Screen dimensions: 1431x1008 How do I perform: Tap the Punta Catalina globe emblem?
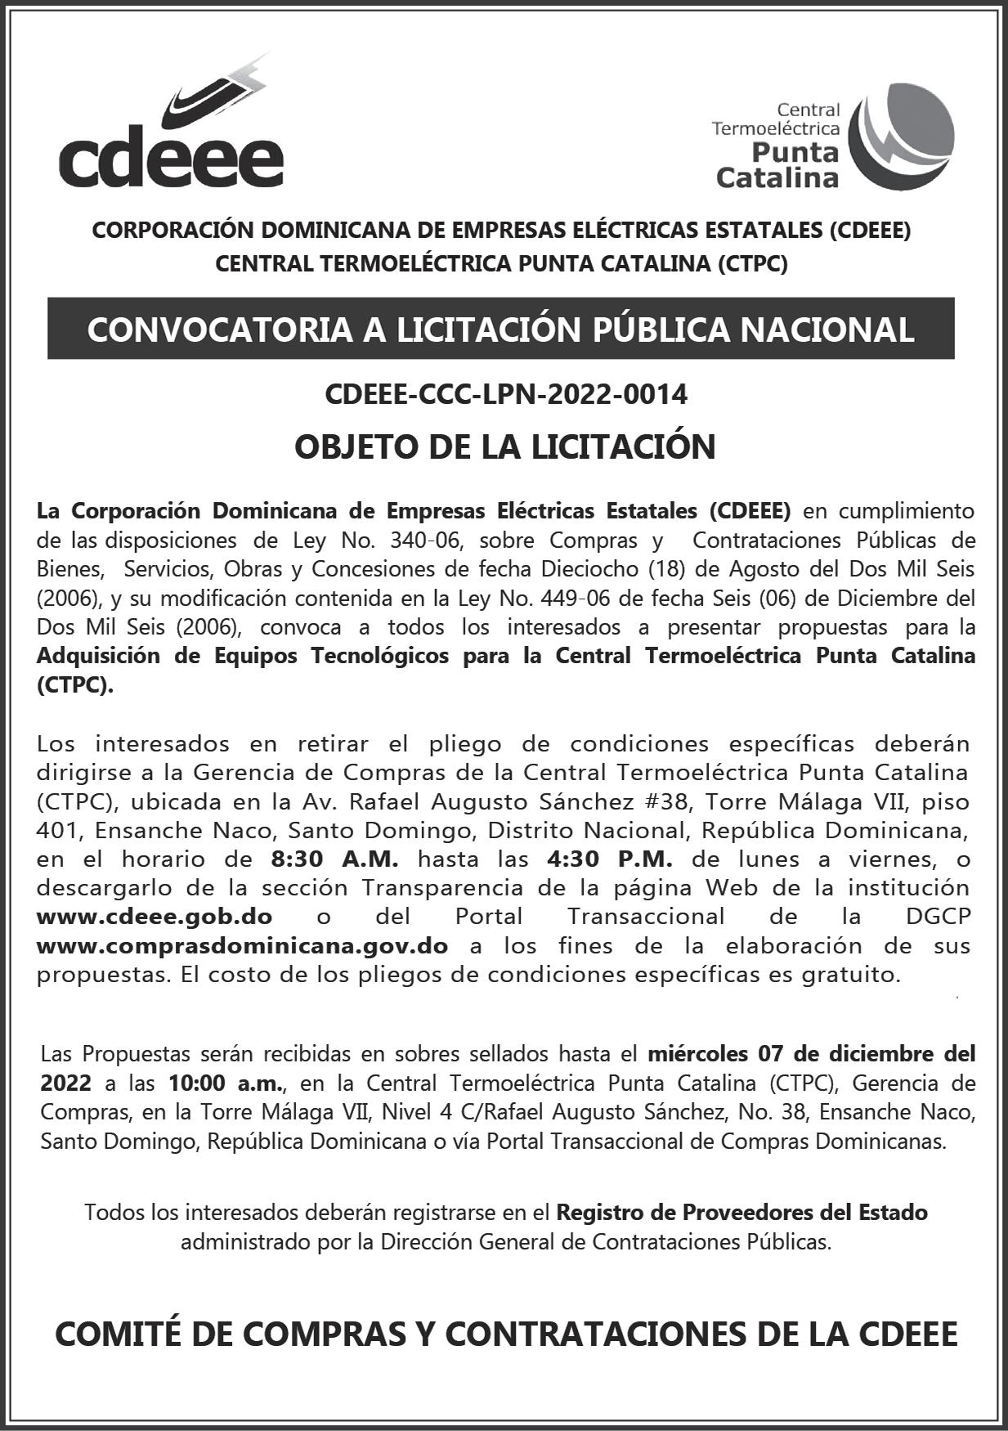[901, 136]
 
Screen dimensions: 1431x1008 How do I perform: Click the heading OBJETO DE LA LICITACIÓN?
[504, 446]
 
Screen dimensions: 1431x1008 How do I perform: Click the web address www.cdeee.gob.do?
[155, 917]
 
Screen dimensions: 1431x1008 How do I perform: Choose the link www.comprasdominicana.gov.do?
[242, 946]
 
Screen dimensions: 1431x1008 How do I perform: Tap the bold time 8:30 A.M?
[334, 859]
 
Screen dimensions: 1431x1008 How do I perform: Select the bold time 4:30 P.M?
[607, 859]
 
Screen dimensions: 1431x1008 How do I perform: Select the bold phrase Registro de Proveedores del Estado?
[741, 1212]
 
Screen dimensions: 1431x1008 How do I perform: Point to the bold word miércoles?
[697, 1054]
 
